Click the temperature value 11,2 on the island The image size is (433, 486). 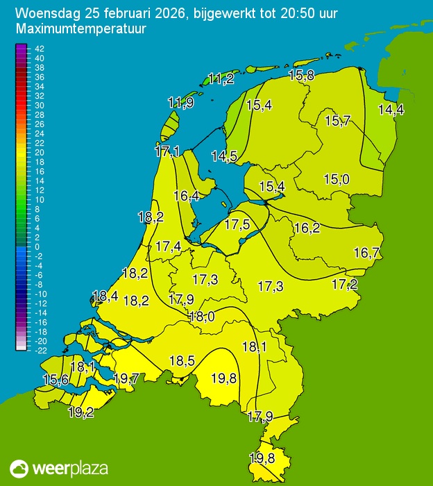[x=221, y=78]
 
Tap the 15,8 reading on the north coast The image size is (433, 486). [x=301, y=76]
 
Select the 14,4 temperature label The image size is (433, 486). [x=391, y=109]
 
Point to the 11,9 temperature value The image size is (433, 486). [x=180, y=103]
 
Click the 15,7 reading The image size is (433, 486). [x=337, y=121]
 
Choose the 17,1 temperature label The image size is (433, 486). [x=167, y=151]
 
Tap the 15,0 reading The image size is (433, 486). [x=336, y=180]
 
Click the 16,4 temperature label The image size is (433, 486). [x=186, y=196]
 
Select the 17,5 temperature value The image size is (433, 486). [x=237, y=224]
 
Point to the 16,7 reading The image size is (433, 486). [x=366, y=253]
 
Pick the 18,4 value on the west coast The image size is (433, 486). [x=105, y=296]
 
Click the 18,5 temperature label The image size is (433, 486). [x=182, y=361]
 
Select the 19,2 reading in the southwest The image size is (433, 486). [x=81, y=412]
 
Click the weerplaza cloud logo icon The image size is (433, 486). [x=19, y=468]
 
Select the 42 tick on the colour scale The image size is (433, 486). [x=39, y=49]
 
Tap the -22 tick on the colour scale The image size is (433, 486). [x=39, y=351]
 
